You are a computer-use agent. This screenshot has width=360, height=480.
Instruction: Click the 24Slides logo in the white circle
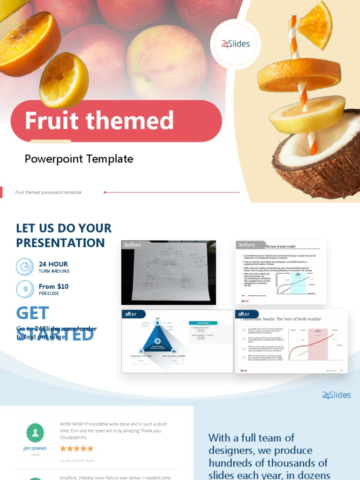(x=235, y=45)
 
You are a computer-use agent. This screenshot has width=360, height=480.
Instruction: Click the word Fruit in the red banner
(x=51, y=120)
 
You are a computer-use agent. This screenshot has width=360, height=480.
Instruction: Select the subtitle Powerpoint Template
(x=79, y=159)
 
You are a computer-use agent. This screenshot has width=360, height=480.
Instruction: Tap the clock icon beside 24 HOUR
(x=24, y=267)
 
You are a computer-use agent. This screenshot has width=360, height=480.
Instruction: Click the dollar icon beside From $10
(x=24, y=289)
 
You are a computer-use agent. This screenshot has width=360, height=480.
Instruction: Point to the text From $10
(x=53, y=286)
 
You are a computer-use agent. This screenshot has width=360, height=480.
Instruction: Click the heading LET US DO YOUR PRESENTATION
(x=64, y=235)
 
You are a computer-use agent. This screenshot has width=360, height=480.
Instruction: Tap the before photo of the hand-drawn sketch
(x=168, y=272)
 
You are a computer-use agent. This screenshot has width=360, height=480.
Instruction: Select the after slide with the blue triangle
(x=177, y=341)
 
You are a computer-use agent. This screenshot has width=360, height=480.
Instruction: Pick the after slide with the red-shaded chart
(x=291, y=341)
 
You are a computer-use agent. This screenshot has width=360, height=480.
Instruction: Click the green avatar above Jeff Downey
(x=35, y=433)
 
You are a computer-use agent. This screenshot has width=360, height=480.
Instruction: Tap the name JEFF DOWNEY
(x=35, y=449)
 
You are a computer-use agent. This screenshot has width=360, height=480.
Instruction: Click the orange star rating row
(x=76, y=449)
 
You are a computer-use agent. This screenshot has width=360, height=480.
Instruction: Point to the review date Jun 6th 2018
(x=77, y=460)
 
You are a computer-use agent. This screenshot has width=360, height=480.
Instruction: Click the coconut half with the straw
(x=319, y=155)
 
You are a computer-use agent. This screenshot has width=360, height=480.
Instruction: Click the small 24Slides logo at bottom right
(x=336, y=395)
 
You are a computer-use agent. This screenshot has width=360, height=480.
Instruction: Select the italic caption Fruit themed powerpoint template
(x=48, y=192)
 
